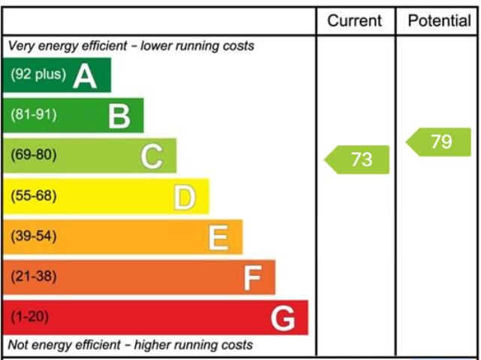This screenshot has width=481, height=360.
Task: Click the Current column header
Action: coord(355,20)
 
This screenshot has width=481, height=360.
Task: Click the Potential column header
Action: coord(439,20)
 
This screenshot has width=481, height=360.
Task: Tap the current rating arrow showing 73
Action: coord(358,159)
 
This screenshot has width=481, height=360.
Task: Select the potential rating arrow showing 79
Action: coord(439,142)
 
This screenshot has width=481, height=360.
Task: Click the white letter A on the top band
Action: coord(85,76)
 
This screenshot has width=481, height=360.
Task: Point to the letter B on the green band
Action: coord(119,116)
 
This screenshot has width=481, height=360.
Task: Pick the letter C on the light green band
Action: coord(152,157)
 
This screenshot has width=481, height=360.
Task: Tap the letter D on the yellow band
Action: coord(185,198)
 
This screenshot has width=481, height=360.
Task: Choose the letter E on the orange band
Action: coord(218,238)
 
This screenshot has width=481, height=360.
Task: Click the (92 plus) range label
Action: coord(38,75)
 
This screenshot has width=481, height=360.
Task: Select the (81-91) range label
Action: coord(33,115)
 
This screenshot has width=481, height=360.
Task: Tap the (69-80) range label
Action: coord(33,156)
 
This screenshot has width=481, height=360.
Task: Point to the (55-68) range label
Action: coord(33,196)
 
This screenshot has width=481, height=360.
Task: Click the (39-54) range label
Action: coord(33,237)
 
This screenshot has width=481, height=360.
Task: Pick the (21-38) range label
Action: coord(33,277)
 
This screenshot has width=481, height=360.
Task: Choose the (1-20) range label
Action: coord(30,317)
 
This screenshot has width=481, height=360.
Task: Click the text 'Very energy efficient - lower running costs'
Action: coord(131,46)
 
